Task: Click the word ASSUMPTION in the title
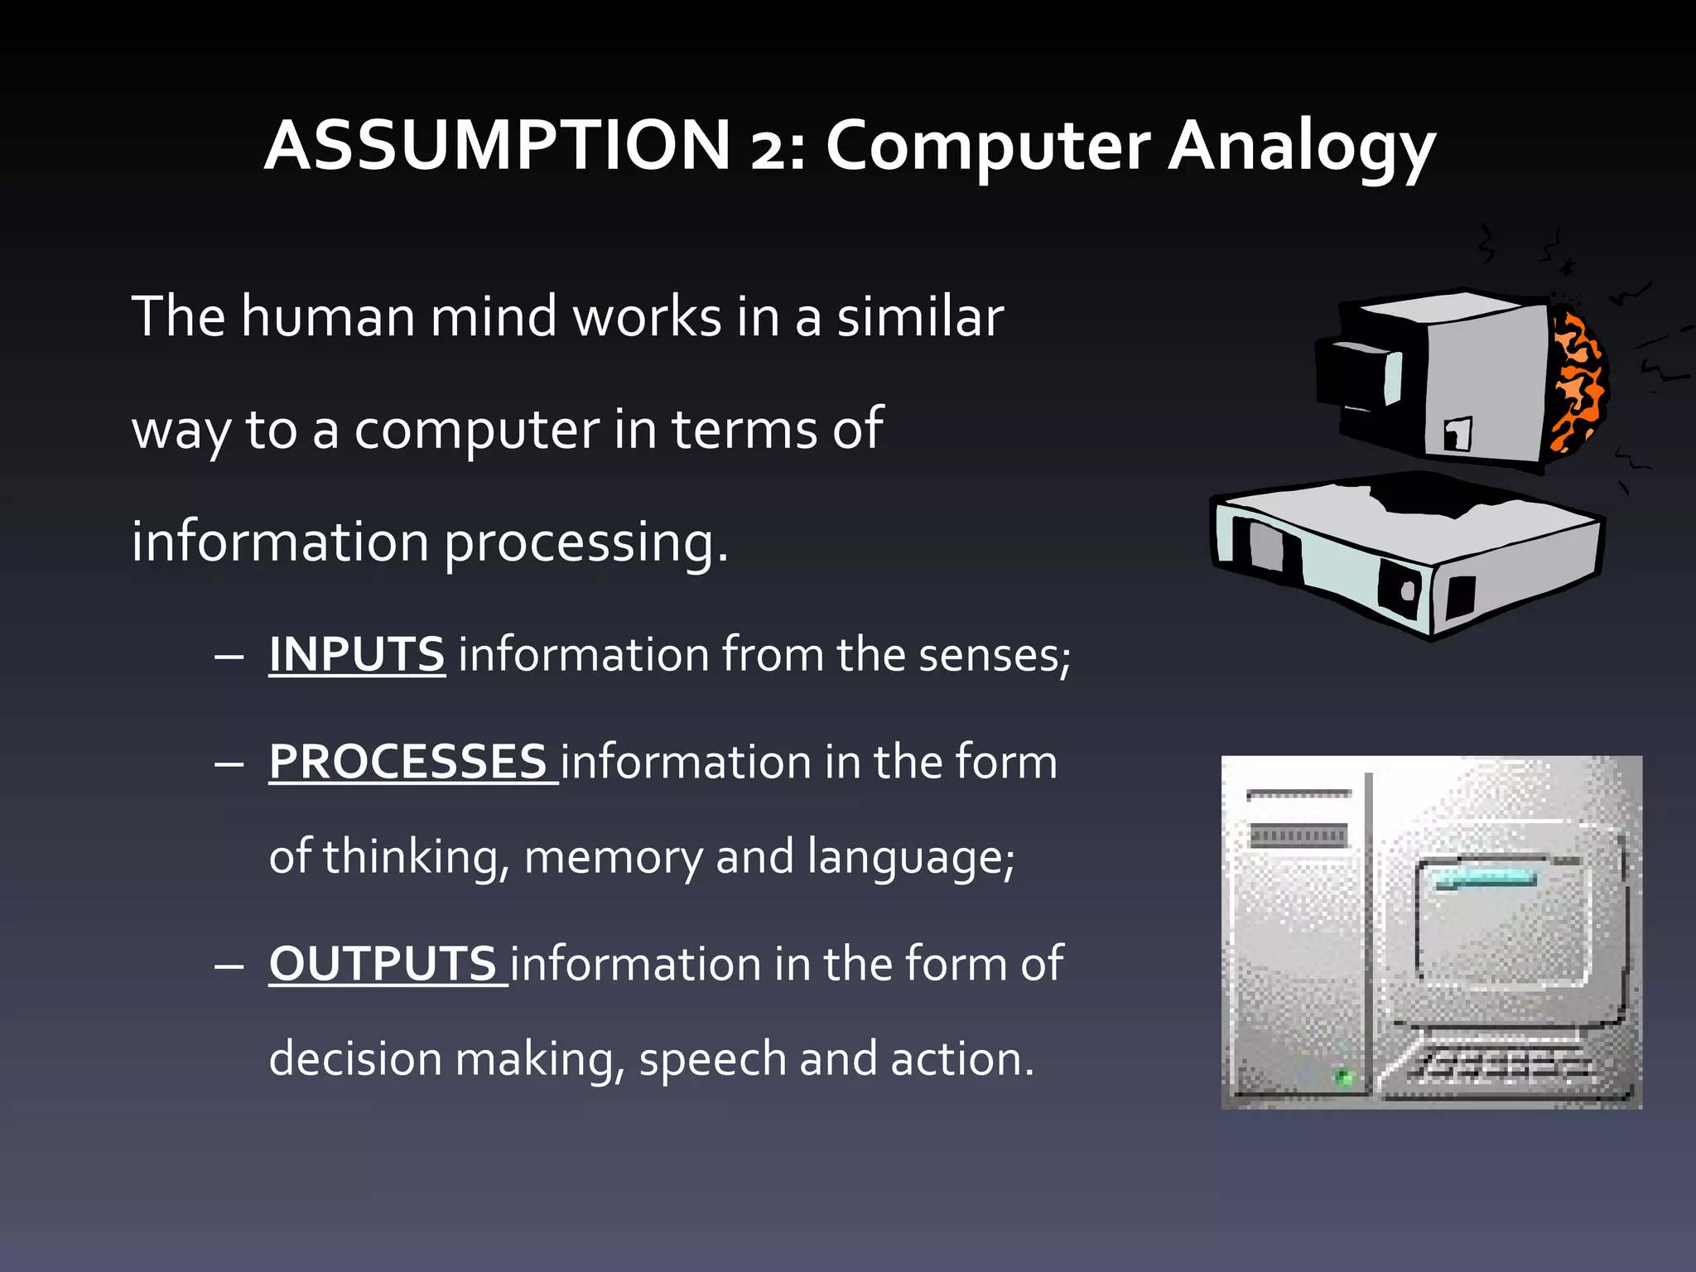(497, 145)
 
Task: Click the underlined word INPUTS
(357, 654)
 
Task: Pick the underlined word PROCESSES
(407, 762)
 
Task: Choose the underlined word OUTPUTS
(383, 964)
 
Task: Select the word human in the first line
(328, 316)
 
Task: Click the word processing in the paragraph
(586, 543)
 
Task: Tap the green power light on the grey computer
(1344, 1077)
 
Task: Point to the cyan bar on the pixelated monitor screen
(1486, 879)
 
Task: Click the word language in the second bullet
(909, 857)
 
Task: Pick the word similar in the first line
(919, 316)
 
